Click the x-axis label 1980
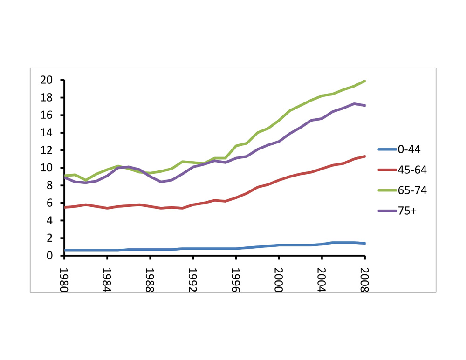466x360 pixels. point(64,278)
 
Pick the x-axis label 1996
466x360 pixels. point(236,278)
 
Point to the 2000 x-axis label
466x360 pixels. point(279,278)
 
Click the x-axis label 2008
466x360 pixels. point(365,278)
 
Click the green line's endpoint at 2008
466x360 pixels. point(365,81)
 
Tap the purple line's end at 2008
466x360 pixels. point(365,106)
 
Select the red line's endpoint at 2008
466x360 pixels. point(365,156)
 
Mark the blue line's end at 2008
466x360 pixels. point(365,244)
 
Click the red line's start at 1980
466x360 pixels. point(64,207)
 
